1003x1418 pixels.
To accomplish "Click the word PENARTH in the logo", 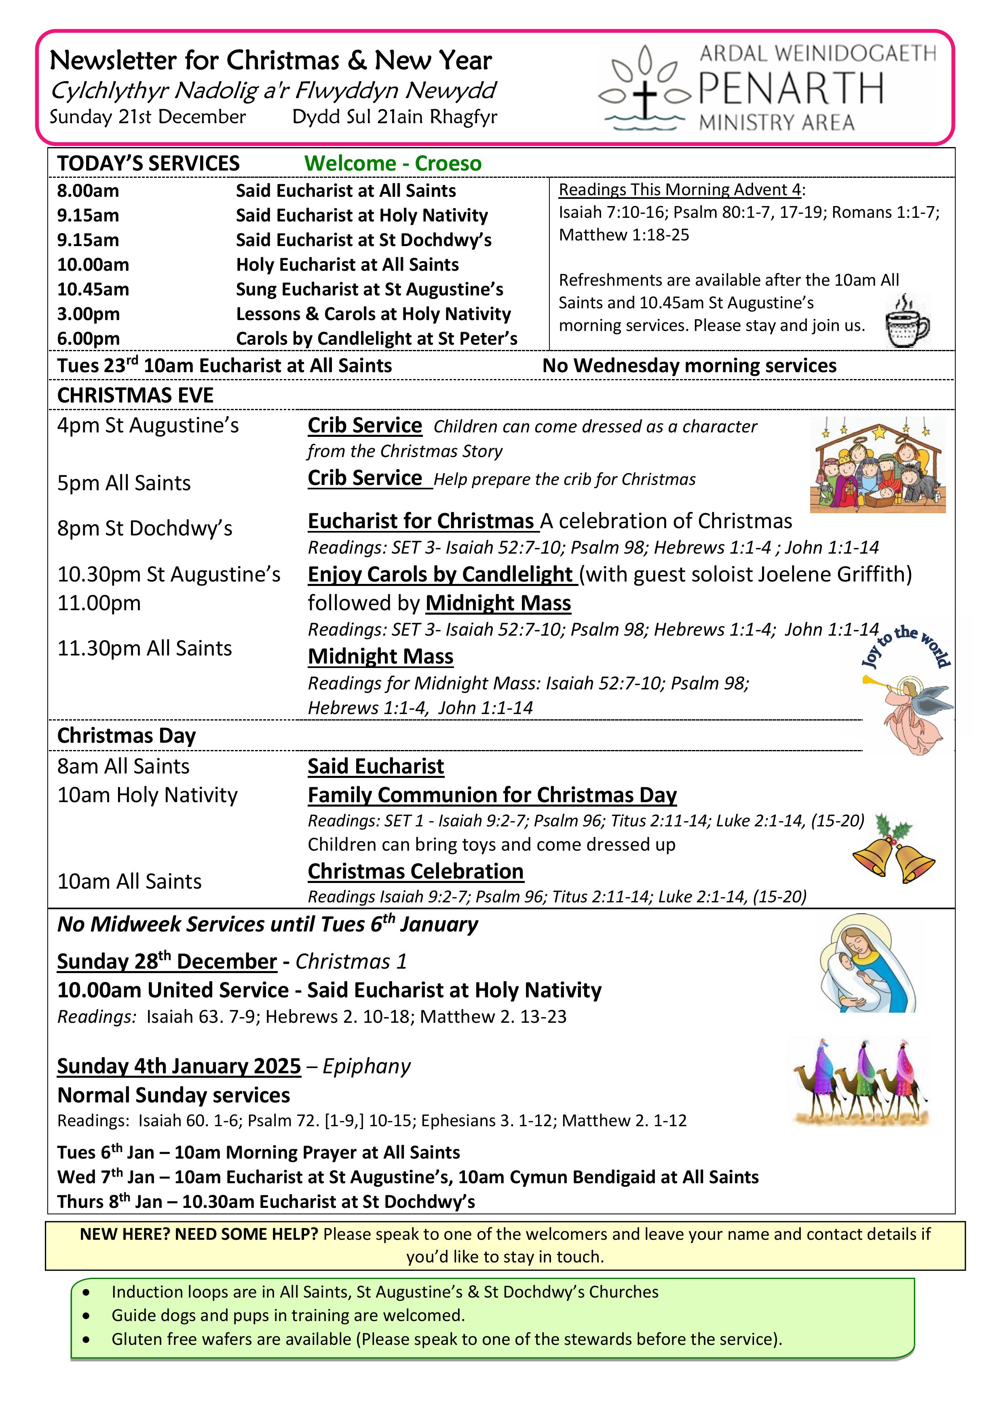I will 791,89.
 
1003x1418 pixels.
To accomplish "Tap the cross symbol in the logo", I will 644,97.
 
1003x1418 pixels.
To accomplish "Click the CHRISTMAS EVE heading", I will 135,395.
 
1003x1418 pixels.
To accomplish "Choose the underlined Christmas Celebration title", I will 415,871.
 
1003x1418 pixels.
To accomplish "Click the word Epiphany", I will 366,1066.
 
